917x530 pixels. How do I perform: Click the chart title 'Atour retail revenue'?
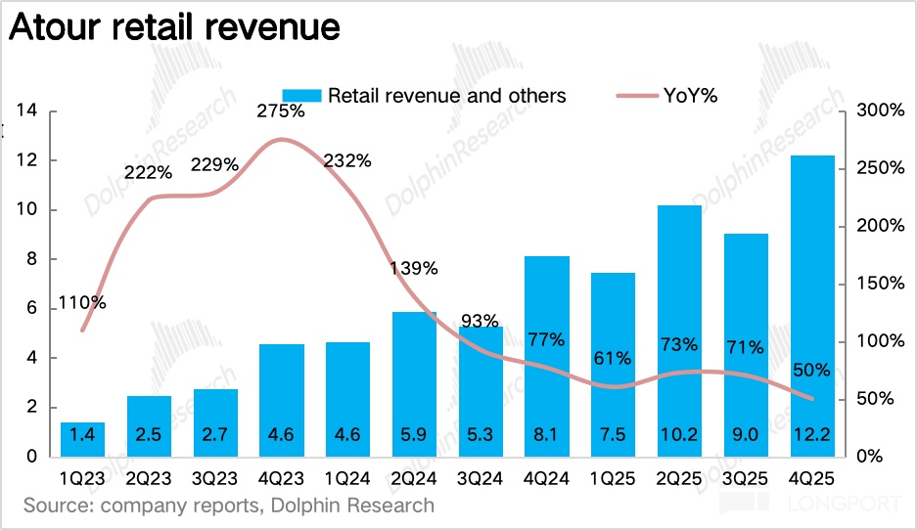click(174, 26)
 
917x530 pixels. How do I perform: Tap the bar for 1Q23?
click(82, 438)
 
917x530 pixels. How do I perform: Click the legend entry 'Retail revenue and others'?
click(424, 95)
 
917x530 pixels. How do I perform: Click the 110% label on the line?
click(82, 303)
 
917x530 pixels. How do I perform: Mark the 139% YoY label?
click(413, 268)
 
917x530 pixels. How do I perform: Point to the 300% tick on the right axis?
click(878, 110)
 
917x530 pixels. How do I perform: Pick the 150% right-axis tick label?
click(878, 284)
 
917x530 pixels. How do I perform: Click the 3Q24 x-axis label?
click(480, 480)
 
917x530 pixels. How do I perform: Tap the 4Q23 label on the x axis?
click(281, 480)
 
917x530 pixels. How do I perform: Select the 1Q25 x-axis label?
click(613, 480)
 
